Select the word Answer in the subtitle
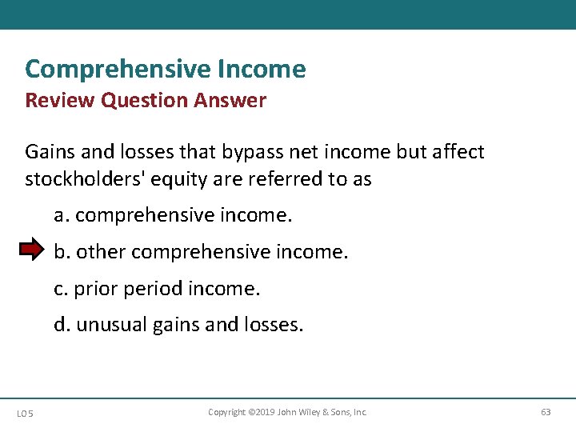(232, 101)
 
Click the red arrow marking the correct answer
(32, 251)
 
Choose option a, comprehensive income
(173, 216)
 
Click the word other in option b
(102, 252)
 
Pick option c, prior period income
(157, 289)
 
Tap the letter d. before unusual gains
(62, 326)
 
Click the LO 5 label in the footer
(25, 413)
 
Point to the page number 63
(546, 412)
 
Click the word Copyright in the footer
(227, 412)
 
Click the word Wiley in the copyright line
(310, 412)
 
